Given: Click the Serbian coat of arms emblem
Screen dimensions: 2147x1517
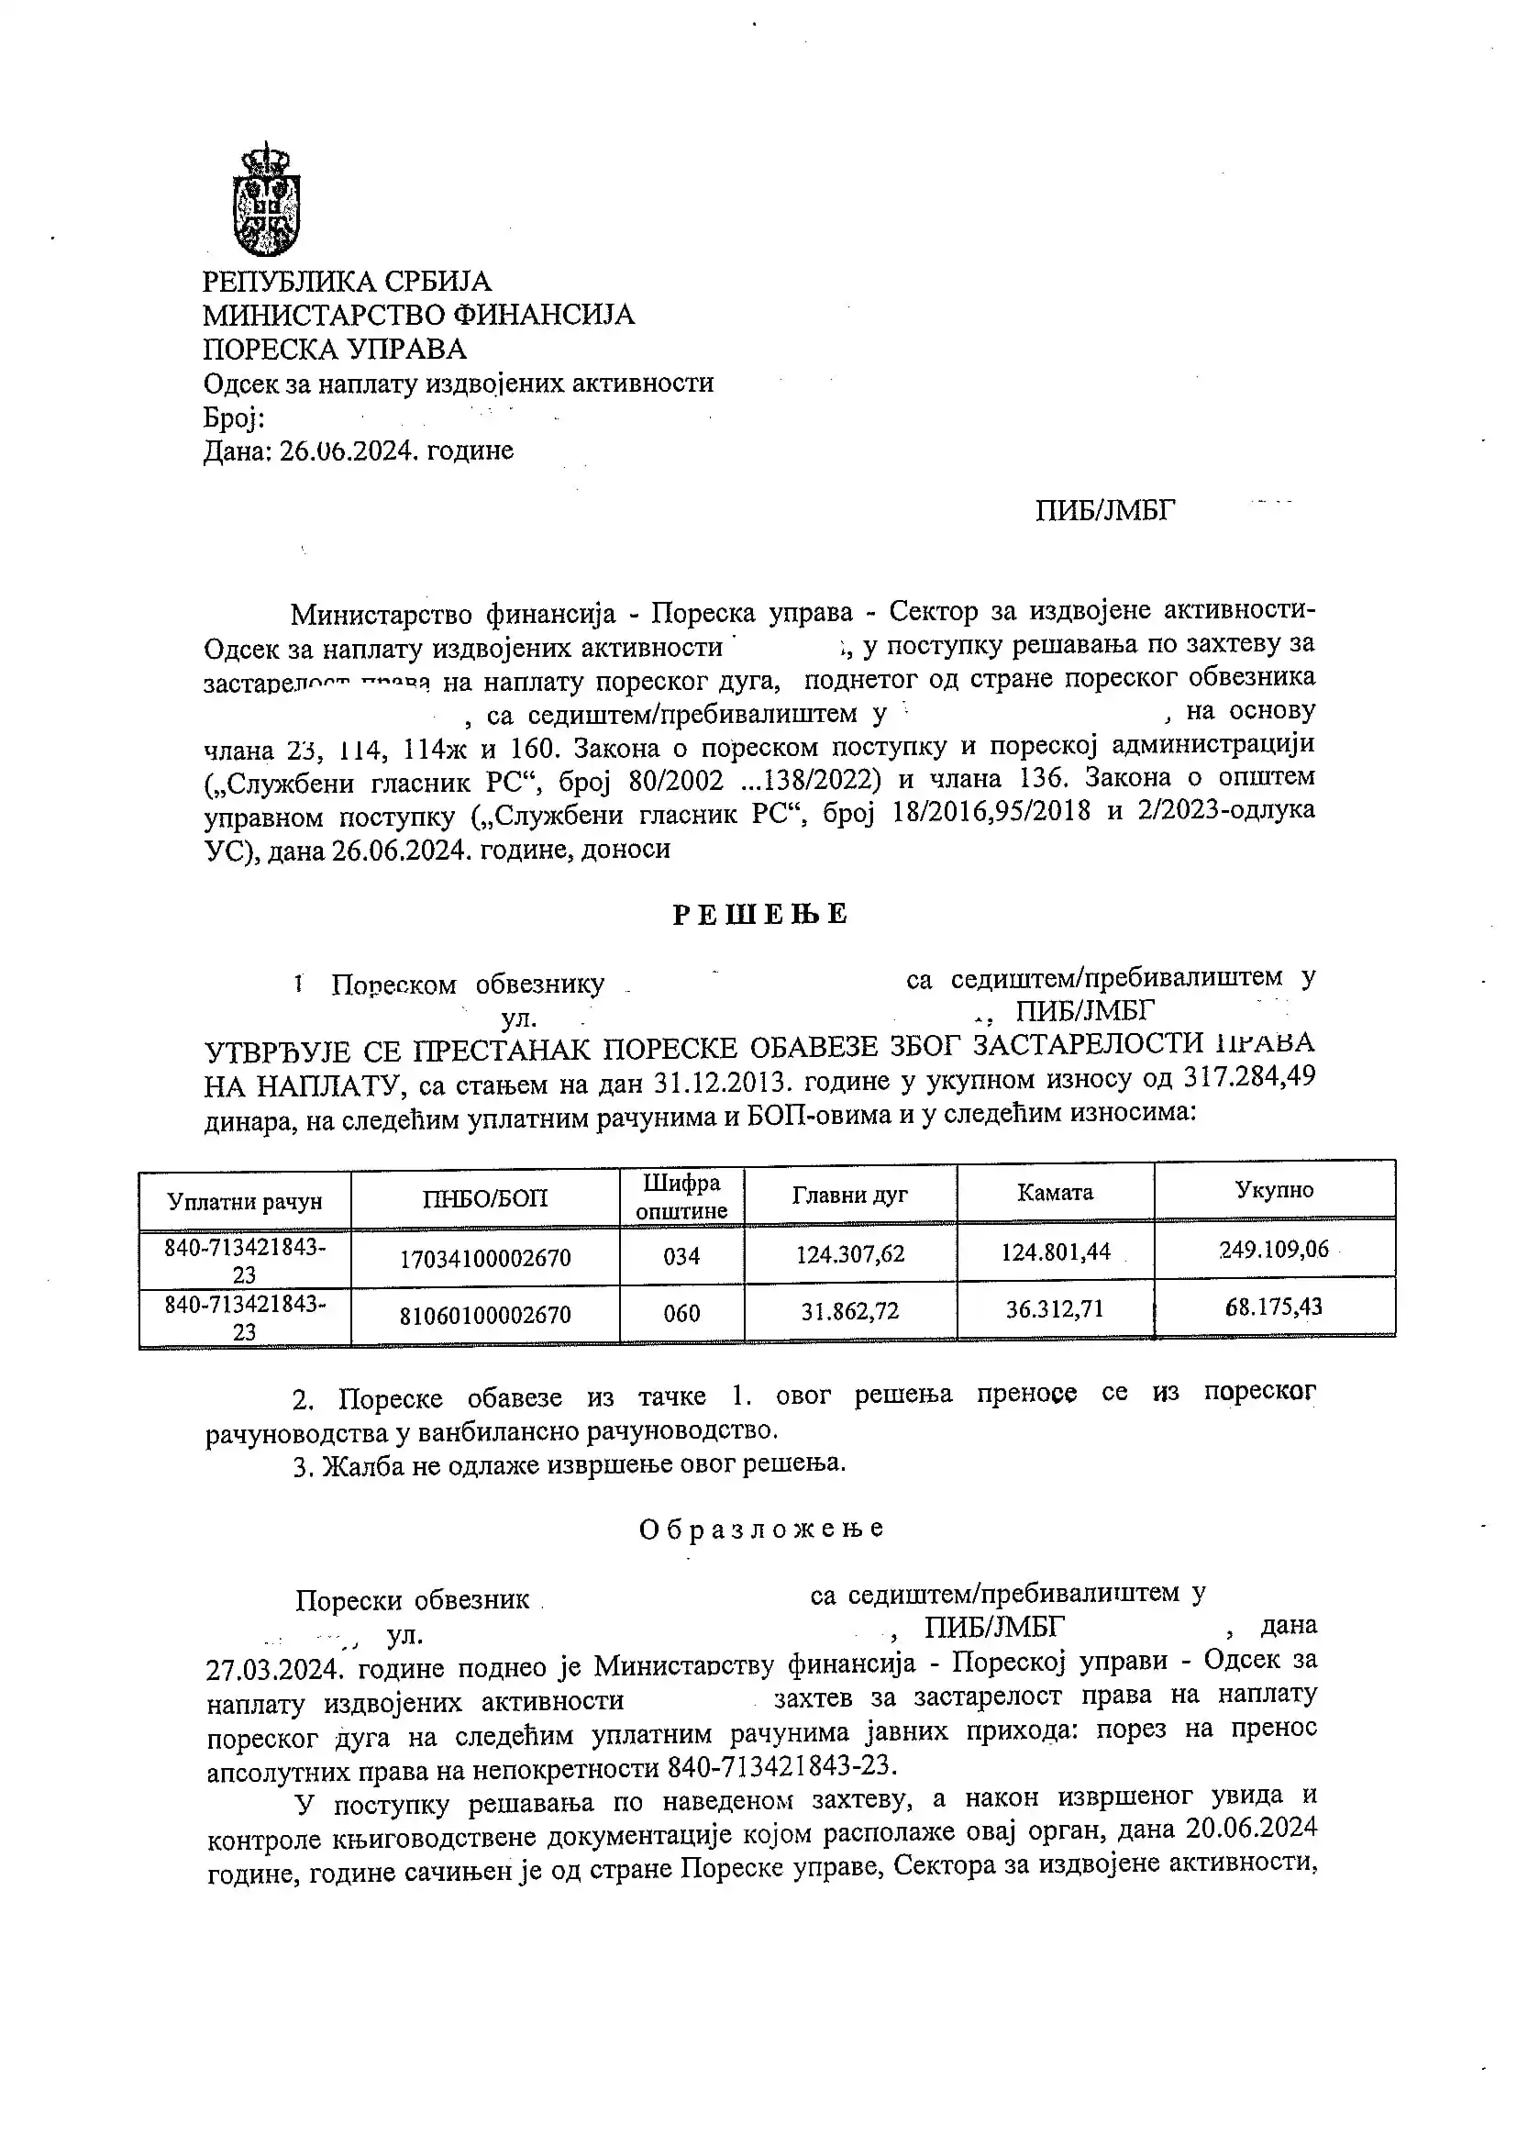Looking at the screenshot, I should [x=266, y=199].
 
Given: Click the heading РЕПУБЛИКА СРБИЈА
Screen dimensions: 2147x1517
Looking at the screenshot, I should [x=347, y=282].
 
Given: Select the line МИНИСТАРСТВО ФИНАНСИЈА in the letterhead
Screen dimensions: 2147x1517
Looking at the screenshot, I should [x=419, y=315].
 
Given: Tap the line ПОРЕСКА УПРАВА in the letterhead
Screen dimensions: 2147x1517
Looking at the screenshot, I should [x=335, y=349].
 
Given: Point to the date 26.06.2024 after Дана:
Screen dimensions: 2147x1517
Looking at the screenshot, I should [x=347, y=451].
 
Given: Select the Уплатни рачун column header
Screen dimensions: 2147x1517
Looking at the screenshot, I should [x=245, y=1201].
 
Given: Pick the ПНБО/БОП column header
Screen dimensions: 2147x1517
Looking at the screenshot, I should [x=485, y=1198].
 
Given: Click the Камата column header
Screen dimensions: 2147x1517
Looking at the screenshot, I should [x=1055, y=1192].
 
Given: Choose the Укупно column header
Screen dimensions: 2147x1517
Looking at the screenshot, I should [x=1274, y=1189].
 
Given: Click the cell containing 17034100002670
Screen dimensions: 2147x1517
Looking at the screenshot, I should [x=485, y=1258].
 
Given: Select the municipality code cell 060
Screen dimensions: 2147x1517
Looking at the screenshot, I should [x=681, y=1314].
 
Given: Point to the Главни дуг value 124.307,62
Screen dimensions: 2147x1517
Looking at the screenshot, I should [x=849, y=1253].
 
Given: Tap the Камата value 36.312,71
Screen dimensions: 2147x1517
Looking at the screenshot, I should [x=1055, y=1308].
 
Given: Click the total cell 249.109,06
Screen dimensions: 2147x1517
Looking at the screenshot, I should [x=1274, y=1250].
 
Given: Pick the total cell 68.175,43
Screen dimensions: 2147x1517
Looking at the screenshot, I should [x=1274, y=1307].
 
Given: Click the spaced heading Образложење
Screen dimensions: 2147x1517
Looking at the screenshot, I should [x=761, y=1529].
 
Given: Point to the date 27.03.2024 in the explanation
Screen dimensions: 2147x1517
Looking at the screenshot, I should [x=278, y=1669].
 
